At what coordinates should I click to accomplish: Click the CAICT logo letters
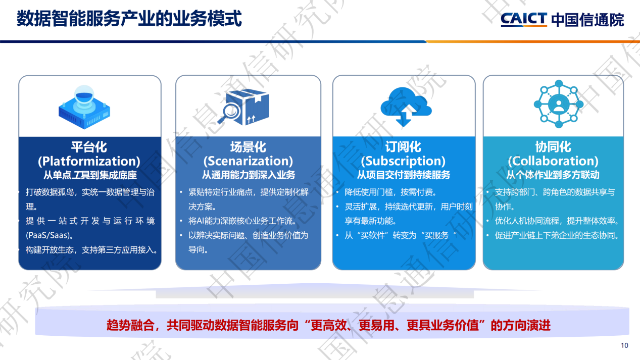click(x=524, y=19)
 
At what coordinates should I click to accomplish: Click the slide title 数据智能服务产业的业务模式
click(x=129, y=19)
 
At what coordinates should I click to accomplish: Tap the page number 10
click(x=624, y=345)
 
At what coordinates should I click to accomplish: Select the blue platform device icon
click(x=84, y=108)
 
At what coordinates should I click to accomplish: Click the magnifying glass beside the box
click(x=229, y=113)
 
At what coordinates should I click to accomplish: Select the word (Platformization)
click(x=89, y=161)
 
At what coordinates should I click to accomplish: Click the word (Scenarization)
click(x=248, y=161)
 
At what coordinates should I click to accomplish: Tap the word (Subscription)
click(x=403, y=161)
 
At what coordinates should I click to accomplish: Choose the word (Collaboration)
click(x=553, y=161)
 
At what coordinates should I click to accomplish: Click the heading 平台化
click(x=89, y=147)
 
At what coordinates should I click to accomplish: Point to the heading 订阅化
click(x=403, y=147)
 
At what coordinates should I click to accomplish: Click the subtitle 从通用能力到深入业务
click(x=249, y=175)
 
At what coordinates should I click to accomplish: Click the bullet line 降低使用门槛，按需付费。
click(x=390, y=192)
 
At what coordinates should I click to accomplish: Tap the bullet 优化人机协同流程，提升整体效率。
click(x=557, y=221)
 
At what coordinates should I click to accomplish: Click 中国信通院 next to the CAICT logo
click(x=587, y=20)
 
